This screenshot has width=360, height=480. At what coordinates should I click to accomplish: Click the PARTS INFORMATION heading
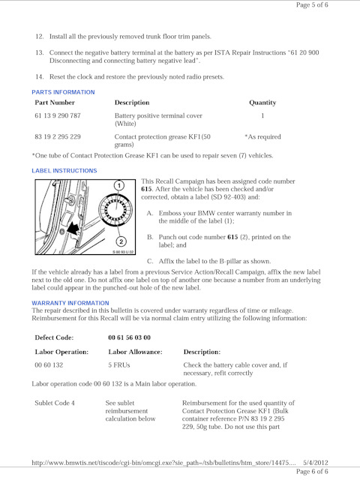pyautogui.click(x=63, y=92)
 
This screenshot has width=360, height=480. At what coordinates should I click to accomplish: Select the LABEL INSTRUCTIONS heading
pyautogui.click(x=64, y=171)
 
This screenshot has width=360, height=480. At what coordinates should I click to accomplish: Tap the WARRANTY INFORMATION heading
pyautogui.click(x=70, y=303)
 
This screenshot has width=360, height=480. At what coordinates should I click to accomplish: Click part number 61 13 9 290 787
pyautogui.click(x=58, y=115)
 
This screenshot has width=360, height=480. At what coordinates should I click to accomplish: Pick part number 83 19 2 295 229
pyautogui.click(x=58, y=136)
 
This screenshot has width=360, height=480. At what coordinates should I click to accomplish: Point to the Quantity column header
pyautogui.click(x=262, y=103)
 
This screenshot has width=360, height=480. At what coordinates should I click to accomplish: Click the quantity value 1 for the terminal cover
pyautogui.click(x=262, y=115)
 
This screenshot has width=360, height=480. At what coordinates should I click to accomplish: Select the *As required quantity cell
pyautogui.click(x=262, y=136)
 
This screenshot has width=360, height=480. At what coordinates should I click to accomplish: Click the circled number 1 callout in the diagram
pyautogui.click(x=119, y=185)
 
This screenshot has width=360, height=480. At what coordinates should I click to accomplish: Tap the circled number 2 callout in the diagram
pyautogui.click(x=121, y=241)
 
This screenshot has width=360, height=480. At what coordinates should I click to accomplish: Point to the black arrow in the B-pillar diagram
pyautogui.click(x=73, y=228)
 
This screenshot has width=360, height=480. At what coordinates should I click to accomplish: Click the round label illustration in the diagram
pyautogui.click(x=115, y=211)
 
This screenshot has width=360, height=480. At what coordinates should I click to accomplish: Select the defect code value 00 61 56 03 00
pyautogui.click(x=130, y=337)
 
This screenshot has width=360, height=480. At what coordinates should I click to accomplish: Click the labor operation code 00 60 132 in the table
pyautogui.click(x=49, y=365)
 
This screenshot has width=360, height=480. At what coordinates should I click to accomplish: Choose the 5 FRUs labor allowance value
pyautogui.click(x=119, y=365)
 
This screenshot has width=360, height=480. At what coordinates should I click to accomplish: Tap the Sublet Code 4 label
pyautogui.click(x=55, y=403)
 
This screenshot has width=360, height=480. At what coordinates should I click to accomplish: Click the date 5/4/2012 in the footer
pyautogui.click(x=316, y=463)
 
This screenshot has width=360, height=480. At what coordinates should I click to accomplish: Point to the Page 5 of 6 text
pyautogui.click(x=312, y=5)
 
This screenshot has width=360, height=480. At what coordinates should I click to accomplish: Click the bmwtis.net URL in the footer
pyautogui.click(x=163, y=463)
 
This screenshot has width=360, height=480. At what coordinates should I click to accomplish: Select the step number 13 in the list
pyautogui.click(x=40, y=52)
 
